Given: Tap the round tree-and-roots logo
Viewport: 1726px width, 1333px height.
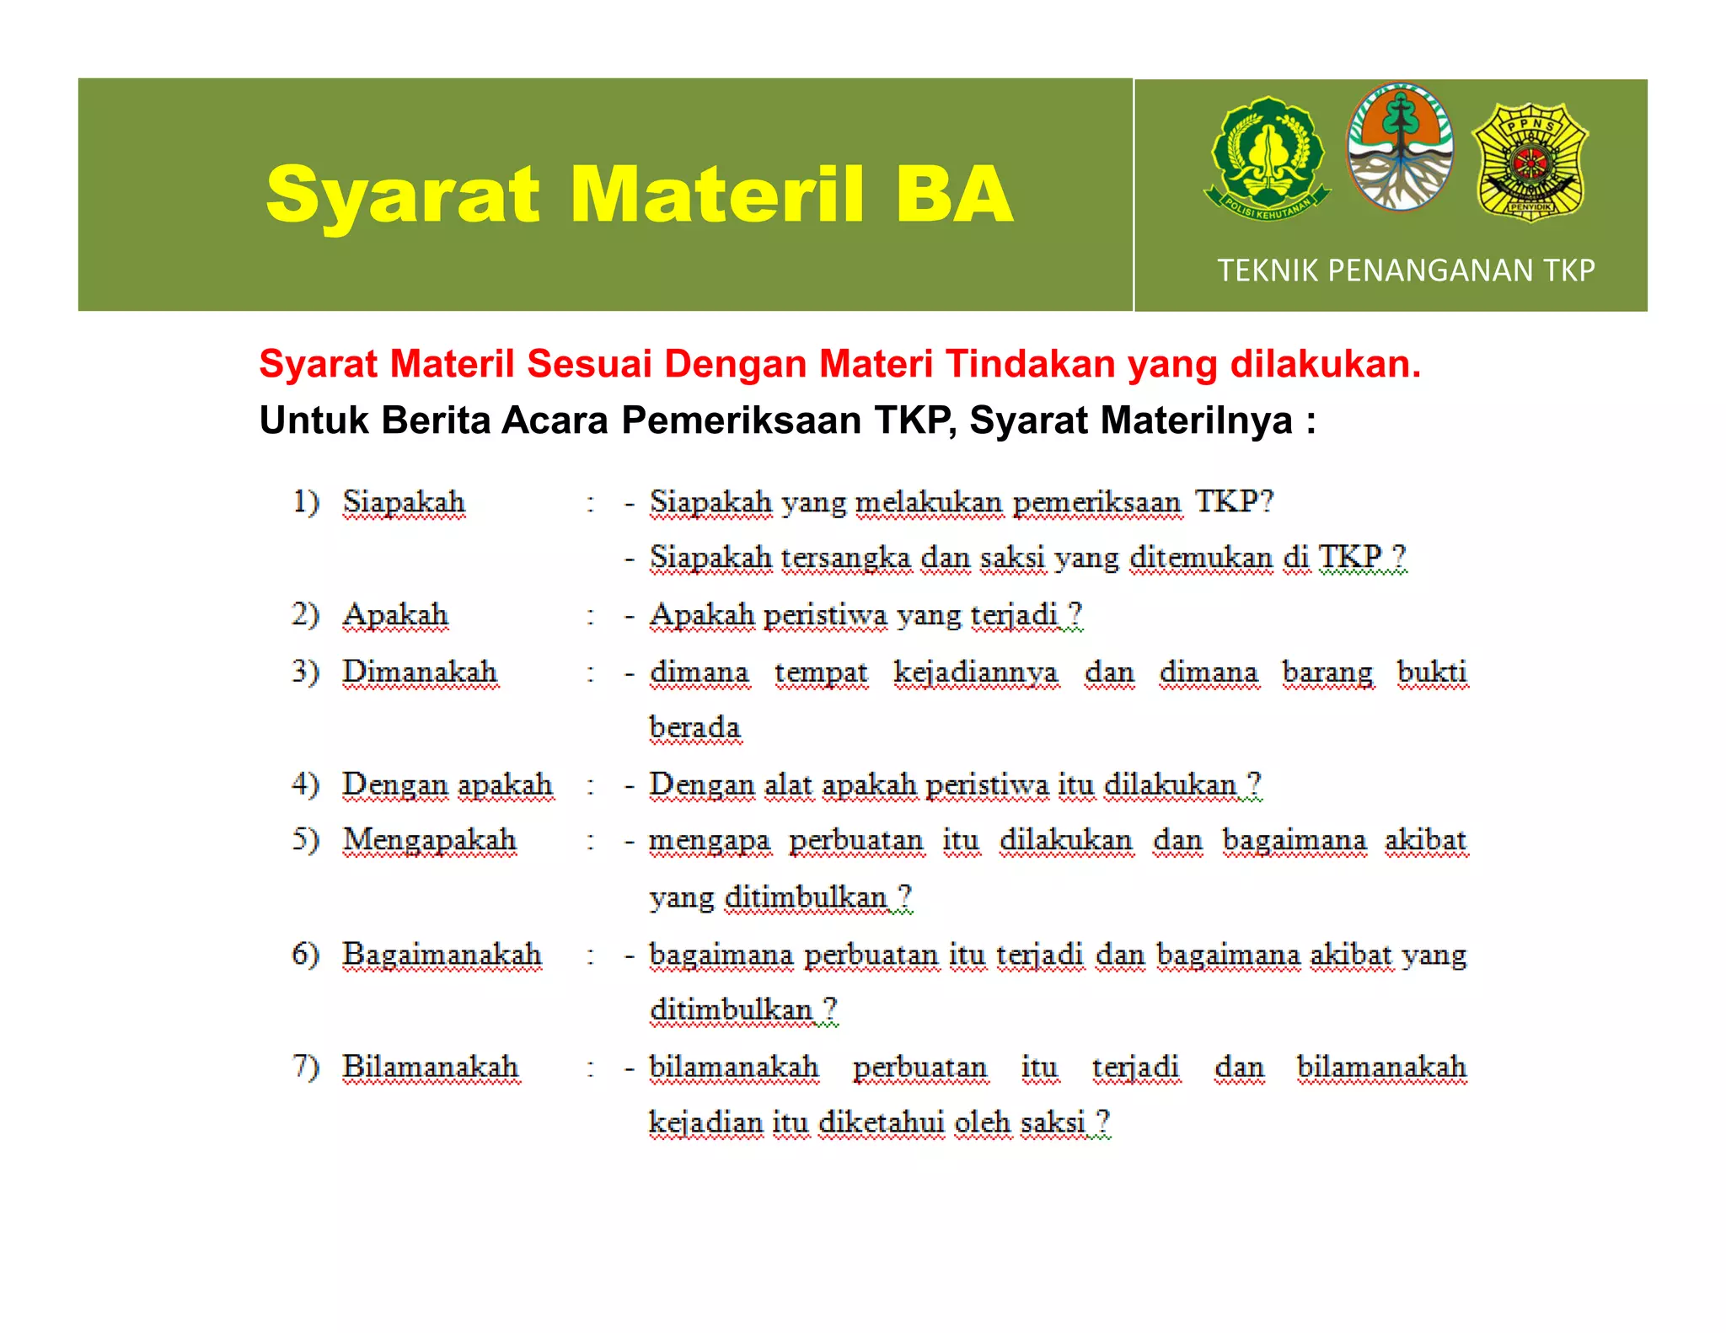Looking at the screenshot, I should coord(1400,147).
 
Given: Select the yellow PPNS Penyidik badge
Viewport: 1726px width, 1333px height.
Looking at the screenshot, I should coord(1530,162).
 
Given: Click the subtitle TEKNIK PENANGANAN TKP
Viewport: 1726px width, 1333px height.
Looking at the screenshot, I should coord(1406,270).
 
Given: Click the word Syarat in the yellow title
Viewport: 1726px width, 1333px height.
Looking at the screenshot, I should coord(402,195).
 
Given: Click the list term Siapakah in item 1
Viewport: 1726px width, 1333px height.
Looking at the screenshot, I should coord(404,502).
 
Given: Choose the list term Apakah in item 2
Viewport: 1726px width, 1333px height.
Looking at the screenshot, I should coord(395,615).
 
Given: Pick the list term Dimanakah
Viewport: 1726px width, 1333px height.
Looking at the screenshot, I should coord(420,672).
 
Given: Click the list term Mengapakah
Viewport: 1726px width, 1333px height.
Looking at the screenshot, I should coord(429,840).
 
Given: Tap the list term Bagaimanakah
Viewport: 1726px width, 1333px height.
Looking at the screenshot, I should coord(442,955).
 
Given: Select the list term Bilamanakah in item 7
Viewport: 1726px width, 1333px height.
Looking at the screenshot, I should coord(430,1067).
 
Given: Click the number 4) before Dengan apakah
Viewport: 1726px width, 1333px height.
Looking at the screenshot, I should coord(305,784).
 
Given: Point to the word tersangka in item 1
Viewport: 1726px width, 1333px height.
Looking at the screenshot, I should coord(845,558).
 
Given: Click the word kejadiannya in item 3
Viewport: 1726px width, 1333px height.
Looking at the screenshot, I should coord(976,672).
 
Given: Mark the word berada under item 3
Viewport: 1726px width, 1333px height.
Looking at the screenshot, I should coord(694,728).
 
